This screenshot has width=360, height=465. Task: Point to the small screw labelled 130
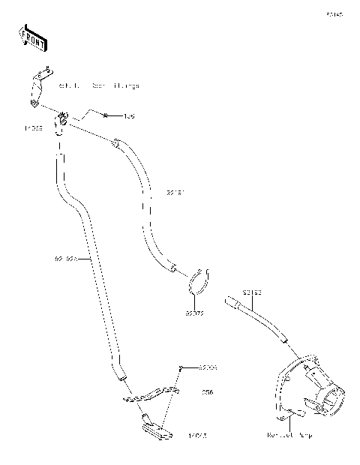(x=106, y=116)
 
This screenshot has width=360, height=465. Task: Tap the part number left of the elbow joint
(x=34, y=128)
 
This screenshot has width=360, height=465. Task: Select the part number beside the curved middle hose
(x=175, y=193)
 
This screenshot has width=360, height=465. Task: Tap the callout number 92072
(x=195, y=313)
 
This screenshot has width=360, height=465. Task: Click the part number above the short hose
(x=251, y=291)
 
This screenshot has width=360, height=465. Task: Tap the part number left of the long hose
(x=65, y=259)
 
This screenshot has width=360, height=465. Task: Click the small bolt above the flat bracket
(x=181, y=367)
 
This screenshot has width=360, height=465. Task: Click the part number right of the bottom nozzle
(x=198, y=434)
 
